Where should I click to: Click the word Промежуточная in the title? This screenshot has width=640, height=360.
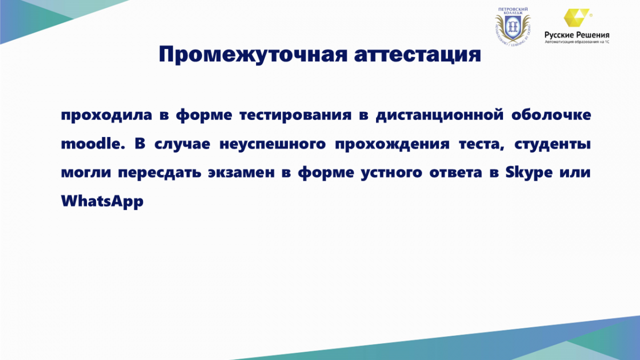click(x=253, y=54)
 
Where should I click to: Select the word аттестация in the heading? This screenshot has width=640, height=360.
click(x=418, y=54)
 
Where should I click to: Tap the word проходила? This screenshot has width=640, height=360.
click(x=106, y=115)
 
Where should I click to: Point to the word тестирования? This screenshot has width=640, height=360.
click(x=295, y=115)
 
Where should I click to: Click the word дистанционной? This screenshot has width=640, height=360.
click(x=439, y=115)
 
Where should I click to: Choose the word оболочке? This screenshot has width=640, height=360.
click(x=551, y=115)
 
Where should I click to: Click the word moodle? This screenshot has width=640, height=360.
click(x=93, y=143)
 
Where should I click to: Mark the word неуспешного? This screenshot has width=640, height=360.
click(x=273, y=144)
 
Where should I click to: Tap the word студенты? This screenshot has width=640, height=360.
click(x=553, y=144)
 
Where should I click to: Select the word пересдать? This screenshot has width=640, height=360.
click(x=159, y=172)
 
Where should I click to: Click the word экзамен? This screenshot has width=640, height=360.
click(x=241, y=173)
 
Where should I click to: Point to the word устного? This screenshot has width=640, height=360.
click(x=391, y=173)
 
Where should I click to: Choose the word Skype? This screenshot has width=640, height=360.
click(x=529, y=173)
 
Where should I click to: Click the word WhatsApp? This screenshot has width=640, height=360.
click(x=102, y=201)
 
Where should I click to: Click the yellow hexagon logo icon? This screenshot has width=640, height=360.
click(x=576, y=18)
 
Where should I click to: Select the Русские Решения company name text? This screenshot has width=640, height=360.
click(x=577, y=35)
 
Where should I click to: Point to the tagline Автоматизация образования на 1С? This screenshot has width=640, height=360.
click(x=577, y=42)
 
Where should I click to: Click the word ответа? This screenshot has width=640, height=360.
click(x=455, y=173)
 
